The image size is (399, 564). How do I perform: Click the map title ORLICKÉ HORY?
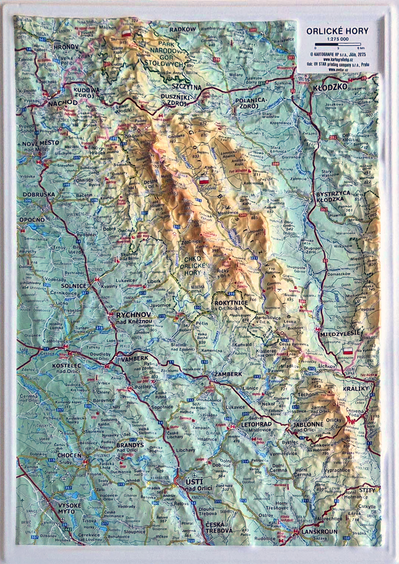point(337,31)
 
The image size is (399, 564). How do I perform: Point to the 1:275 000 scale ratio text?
point(337,39)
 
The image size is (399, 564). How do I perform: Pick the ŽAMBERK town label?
point(228,374)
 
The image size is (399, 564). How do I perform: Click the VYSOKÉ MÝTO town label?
point(69,508)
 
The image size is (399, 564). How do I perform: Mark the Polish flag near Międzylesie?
point(348,351)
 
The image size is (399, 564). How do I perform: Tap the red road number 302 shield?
point(333,138)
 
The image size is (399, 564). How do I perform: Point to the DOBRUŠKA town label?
point(38,194)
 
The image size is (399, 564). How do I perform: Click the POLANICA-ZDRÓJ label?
point(250,103)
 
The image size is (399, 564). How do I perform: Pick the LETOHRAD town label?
point(257,424)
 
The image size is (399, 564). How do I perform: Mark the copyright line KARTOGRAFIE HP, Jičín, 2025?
point(337,54)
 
